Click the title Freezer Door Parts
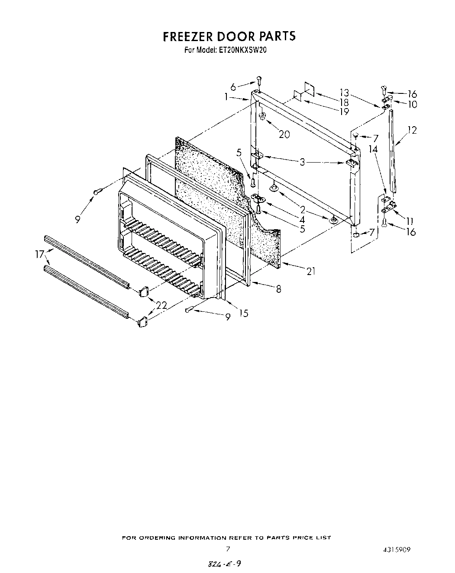(229, 36)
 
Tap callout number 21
(310, 271)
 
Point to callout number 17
(40, 255)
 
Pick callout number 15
(243, 313)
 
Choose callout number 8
(278, 289)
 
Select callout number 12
(412, 129)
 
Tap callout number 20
(284, 134)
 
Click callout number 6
(233, 87)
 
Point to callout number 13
(344, 92)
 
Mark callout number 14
(373, 149)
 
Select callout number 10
(412, 104)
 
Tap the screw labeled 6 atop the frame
(258, 80)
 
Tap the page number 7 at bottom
(227, 549)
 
